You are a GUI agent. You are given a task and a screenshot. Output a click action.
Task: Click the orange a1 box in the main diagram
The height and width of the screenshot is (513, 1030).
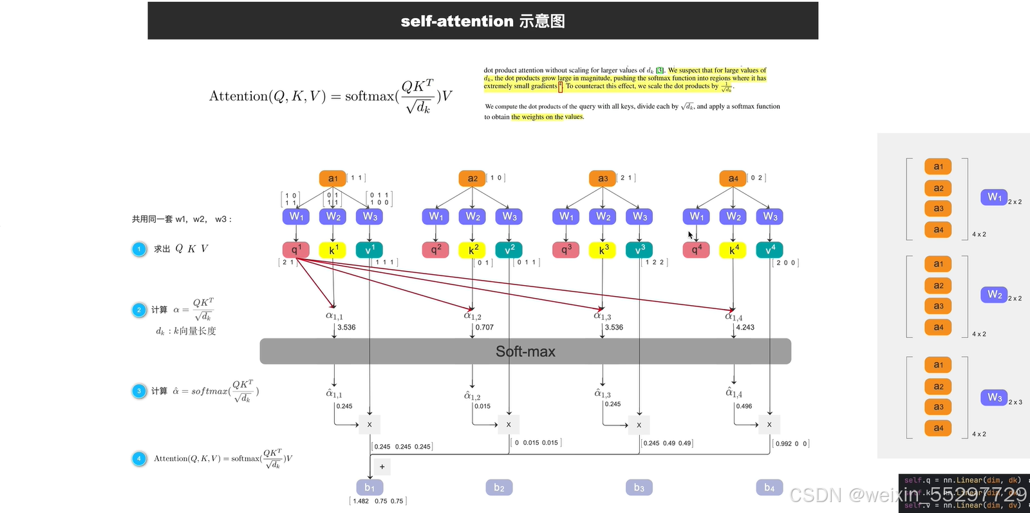click(332, 178)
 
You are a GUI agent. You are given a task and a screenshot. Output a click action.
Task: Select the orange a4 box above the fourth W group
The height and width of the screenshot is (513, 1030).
click(733, 178)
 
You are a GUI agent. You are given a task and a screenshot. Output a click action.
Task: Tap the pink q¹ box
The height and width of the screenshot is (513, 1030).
click(295, 250)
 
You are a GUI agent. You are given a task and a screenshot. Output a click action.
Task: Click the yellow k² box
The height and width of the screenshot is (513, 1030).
click(473, 250)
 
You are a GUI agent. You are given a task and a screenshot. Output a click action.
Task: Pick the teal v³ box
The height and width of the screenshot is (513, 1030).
click(639, 250)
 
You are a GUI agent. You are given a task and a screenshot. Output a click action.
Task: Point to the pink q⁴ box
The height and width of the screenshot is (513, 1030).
click(696, 250)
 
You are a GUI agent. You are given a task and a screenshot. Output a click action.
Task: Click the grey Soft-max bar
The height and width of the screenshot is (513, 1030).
click(525, 351)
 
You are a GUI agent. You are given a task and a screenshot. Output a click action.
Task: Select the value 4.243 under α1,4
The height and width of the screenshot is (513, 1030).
click(745, 328)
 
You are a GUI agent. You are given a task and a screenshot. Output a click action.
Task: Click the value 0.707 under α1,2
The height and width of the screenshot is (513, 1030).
click(484, 328)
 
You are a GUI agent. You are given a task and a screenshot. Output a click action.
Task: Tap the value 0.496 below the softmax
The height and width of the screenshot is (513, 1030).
click(744, 406)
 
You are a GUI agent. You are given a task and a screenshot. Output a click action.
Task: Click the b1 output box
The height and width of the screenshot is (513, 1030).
click(370, 488)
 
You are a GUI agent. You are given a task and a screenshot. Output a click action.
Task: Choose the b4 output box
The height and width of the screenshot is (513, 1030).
click(769, 488)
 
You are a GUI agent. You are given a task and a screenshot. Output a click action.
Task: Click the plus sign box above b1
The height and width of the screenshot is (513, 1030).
click(382, 467)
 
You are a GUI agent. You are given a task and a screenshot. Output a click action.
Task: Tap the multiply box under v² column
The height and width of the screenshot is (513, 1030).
click(509, 425)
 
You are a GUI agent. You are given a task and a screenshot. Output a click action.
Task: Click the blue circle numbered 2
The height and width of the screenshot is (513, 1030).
click(139, 310)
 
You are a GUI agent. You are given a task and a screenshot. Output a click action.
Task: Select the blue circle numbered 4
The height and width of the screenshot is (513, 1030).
click(139, 458)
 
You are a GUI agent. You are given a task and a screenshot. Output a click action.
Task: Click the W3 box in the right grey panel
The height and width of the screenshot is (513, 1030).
click(994, 397)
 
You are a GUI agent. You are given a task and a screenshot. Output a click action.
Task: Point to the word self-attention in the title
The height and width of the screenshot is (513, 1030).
click(456, 21)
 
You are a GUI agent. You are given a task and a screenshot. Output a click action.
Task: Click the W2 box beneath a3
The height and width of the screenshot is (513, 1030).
click(603, 217)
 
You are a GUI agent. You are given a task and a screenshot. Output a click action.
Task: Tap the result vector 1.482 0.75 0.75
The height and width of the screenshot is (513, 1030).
click(379, 501)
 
